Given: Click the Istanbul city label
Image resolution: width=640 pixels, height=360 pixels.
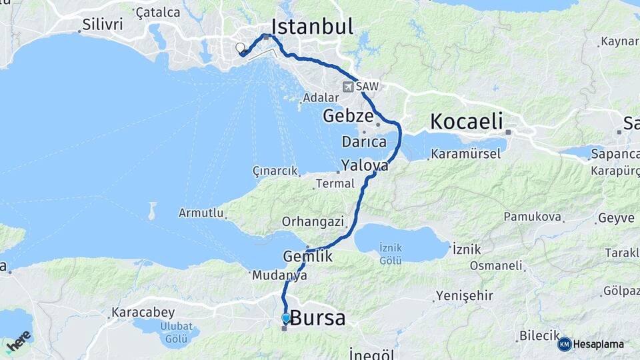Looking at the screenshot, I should click(312, 27).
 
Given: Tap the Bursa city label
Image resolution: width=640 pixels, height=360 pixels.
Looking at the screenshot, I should click(318, 318).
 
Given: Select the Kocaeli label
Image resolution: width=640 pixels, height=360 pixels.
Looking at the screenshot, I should click(466, 121).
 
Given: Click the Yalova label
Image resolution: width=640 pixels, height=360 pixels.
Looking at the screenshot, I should click(364, 165).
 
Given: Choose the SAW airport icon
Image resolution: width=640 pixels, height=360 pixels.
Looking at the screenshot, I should click(348, 87).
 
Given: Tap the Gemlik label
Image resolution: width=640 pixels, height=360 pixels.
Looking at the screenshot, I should click(307, 256).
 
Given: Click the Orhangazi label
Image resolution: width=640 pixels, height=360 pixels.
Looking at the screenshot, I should click(312, 221).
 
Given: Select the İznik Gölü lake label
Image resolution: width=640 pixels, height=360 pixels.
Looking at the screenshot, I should click(390, 253).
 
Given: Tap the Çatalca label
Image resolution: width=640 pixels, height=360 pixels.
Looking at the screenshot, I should click(157, 12).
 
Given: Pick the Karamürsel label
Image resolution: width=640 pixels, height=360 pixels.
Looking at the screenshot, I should click(465, 154).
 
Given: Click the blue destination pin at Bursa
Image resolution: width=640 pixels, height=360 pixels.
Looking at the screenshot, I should click(286, 318).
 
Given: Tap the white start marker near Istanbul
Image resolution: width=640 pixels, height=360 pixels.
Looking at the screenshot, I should click(240, 47).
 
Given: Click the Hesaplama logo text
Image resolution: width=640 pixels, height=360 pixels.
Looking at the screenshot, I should click(598, 344).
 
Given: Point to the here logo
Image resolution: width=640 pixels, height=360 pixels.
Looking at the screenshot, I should click(19, 341).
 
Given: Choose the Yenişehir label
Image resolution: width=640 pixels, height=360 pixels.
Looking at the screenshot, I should click(464, 295).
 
